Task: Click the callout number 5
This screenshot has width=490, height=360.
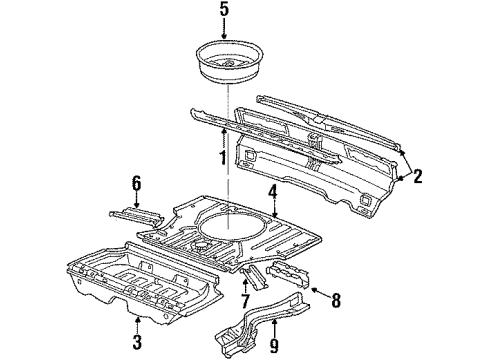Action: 224,9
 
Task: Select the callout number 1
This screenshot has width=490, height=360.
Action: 223,158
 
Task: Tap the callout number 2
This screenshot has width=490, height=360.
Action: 417,176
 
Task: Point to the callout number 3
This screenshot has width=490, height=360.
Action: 137,342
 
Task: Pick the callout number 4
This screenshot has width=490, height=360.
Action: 273,192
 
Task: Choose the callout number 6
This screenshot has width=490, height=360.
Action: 136,184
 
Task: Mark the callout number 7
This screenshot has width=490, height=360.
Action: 245,301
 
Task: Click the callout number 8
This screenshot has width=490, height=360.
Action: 335,300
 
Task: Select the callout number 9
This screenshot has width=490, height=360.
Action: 274,346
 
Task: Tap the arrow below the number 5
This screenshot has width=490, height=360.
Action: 224,29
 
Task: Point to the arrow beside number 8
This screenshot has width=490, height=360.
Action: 320,293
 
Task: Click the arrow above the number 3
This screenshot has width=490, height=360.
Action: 137,325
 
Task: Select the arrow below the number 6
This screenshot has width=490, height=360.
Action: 136,201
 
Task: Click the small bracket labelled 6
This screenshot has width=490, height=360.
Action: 137,216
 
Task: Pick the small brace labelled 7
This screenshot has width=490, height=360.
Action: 255,277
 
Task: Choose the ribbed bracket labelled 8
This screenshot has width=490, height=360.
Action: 288,273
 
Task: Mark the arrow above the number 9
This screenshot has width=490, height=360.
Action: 274,328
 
